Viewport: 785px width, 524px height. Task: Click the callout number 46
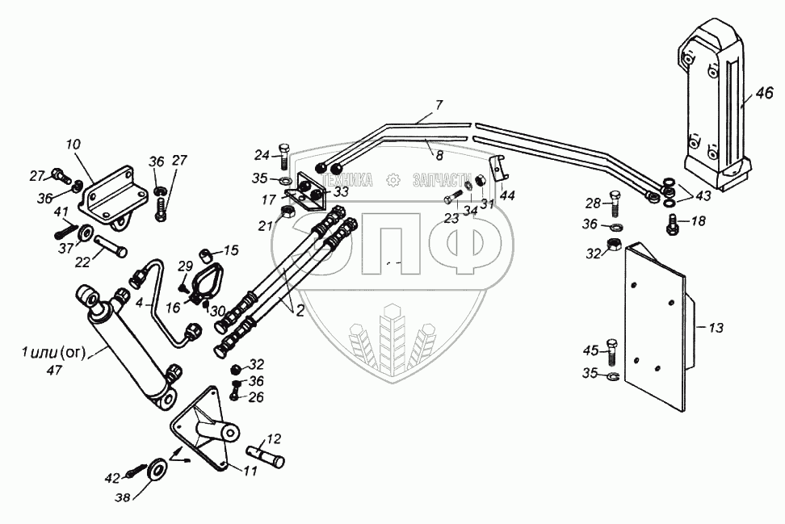click(x=765, y=93)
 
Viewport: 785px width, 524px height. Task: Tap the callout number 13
click(x=716, y=328)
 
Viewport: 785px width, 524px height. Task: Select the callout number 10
click(x=73, y=145)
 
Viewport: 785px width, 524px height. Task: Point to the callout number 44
click(x=508, y=195)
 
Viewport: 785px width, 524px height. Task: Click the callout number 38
click(x=122, y=497)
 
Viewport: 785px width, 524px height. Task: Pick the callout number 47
click(x=54, y=371)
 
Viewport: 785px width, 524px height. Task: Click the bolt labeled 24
click(x=283, y=156)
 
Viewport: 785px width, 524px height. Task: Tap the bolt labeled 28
click(x=615, y=203)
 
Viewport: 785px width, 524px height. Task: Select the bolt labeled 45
click(x=612, y=352)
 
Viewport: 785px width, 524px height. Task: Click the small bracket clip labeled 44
click(x=497, y=168)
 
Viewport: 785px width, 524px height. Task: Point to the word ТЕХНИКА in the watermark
click(x=347, y=180)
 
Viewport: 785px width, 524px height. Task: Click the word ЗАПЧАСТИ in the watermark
click(x=442, y=180)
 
